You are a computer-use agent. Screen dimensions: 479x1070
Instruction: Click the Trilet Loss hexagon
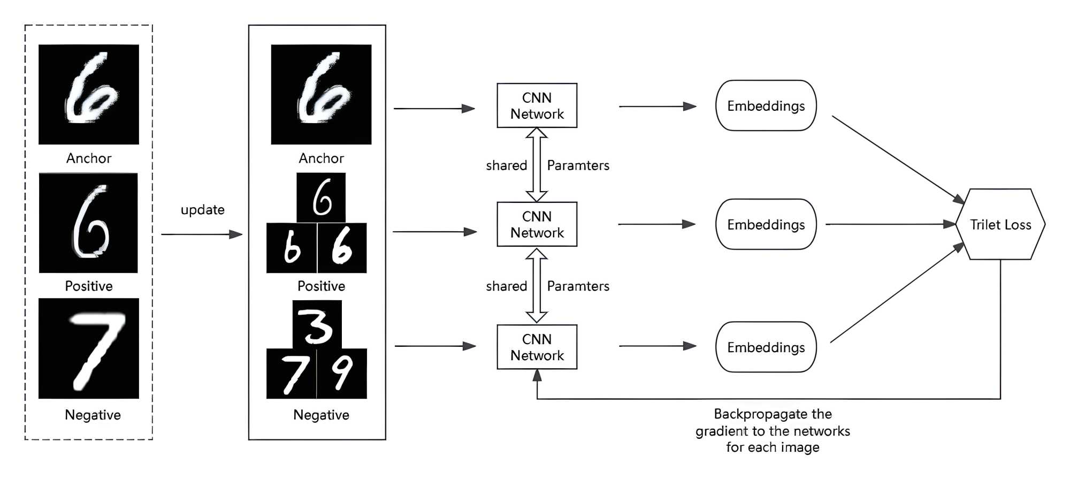click(x=1000, y=224)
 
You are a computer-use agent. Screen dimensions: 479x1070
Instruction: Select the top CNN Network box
click(x=537, y=105)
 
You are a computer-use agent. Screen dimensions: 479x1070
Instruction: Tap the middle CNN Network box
click(x=537, y=224)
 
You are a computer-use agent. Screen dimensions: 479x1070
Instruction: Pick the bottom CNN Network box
click(x=537, y=347)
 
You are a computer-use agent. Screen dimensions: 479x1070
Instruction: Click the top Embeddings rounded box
click(x=766, y=105)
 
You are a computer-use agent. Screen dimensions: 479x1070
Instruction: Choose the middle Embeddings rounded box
click(x=766, y=224)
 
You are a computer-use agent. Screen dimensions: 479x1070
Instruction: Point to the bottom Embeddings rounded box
click(x=766, y=347)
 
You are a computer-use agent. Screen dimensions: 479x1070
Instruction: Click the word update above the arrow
click(x=202, y=210)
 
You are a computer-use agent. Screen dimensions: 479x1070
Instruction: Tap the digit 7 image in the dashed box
click(x=89, y=348)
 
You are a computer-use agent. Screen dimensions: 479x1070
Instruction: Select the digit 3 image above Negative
click(x=317, y=325)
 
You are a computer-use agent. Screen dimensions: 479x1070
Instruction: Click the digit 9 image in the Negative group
click(x=342, y=374)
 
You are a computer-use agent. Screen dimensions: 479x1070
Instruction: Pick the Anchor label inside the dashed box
click(x=89, y=158)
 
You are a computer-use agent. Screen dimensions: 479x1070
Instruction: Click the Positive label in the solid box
click(x=321, y=286)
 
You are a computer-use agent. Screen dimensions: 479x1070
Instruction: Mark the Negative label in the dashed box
click(x=93, y=415)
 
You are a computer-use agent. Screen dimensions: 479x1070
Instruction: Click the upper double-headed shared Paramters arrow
click(x=537, y=165)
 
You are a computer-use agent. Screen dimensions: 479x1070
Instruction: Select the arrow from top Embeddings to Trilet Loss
click(x=898, y=159)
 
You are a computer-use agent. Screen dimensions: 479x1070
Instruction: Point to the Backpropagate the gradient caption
click(x=773, y=430)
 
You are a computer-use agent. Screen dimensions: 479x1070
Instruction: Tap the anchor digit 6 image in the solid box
click(x=321, y=94)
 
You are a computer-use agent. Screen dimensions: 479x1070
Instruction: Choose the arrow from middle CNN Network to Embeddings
click(x=656, y=224)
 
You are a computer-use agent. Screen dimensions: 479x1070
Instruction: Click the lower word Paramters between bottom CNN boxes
click(x=578, y=286)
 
